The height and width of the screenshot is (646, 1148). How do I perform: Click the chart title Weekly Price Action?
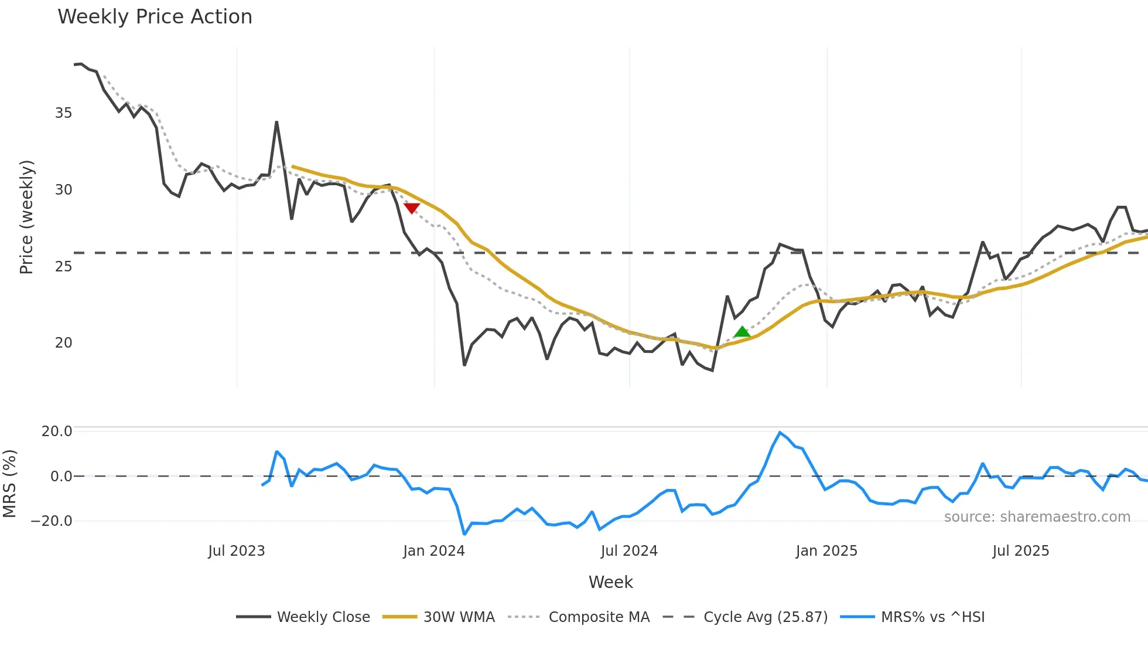155,17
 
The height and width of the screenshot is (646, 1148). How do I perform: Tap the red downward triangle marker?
412,208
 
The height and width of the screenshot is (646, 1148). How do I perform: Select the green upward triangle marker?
742,332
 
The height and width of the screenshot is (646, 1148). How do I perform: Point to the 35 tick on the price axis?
63,113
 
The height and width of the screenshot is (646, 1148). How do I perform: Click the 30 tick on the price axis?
63,190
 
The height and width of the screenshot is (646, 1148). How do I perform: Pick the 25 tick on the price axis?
63,267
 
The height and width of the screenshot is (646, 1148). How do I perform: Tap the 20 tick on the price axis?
63,343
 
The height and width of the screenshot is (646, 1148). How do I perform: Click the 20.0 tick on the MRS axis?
57,431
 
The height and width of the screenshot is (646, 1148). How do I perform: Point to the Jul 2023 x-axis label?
237,551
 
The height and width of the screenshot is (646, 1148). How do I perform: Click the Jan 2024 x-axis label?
434,551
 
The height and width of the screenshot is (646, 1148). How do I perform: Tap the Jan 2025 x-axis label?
826,551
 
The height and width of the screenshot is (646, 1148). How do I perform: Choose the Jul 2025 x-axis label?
1021,551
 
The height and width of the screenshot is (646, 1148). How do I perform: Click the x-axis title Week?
611,582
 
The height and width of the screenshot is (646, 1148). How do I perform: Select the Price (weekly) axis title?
26,217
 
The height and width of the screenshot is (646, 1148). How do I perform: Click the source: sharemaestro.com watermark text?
1037,517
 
